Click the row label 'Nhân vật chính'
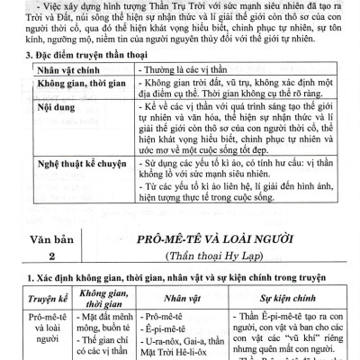pos(65,94)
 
